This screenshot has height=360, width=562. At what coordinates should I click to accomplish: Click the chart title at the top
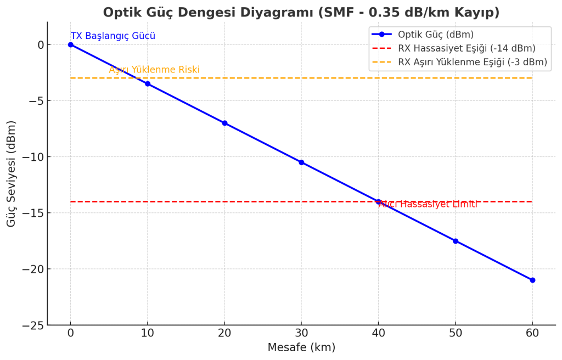[x=301, y=12]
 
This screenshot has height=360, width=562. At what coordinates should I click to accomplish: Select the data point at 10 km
[x=148, y=84]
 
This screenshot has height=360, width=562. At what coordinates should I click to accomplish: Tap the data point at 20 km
[x=224, y=123]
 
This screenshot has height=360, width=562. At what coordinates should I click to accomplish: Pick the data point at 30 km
[x=301, y=162]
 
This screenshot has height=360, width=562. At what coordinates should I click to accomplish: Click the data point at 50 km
[x=456, y=241]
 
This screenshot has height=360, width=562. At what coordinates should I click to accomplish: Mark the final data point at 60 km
[x=532, y=280]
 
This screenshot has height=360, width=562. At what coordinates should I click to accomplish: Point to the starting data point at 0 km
[x=71, y=44]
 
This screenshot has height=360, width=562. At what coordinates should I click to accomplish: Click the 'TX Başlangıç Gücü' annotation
[x=113, y=36]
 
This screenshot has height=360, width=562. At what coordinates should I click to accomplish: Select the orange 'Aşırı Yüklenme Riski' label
[x=154, y=70]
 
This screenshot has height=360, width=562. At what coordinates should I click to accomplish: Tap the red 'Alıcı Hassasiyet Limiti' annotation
[x=428, y=204]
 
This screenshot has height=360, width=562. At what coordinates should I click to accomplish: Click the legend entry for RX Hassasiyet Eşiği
[x=467, y=48]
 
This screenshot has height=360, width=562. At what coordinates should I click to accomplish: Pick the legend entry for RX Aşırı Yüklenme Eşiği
[x=473, y=62]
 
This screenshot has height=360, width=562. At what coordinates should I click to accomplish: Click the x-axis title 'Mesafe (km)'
[x=301, y=347]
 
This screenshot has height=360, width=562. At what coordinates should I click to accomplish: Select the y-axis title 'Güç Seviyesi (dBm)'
[x=12, y=173]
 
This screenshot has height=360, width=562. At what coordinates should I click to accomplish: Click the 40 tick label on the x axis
[x=378, y=333]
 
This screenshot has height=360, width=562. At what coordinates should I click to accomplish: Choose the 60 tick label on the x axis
[x=532, y=333]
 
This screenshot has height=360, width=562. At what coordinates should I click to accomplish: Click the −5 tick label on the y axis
[x=35, y=101]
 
